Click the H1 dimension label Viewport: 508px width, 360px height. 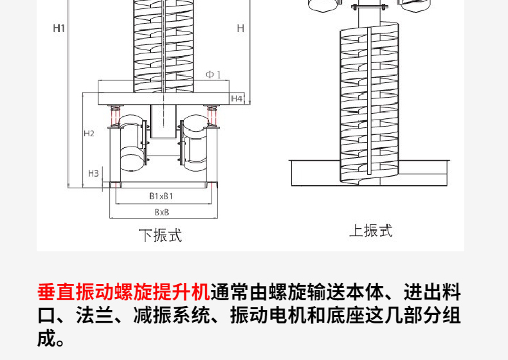click(x=59, y=28)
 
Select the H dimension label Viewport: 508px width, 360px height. click(x=240, y=28)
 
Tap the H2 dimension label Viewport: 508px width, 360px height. click(x=89, y=134)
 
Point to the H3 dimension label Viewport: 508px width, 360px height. click(x=93, y=173)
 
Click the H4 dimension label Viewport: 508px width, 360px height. click(x=237, y=98)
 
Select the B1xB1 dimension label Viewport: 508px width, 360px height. click(x=161, y=195)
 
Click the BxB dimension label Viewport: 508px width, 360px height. click(x=161, y=212)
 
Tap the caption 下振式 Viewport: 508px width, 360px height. click(x=161, y=235)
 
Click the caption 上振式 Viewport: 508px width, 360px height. click(x=370, y=231)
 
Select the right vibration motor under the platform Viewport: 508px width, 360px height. click(x=193, y=141)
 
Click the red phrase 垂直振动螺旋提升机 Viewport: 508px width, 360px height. click(x=123, y=292)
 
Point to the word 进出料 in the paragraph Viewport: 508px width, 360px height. click(x=433, y=292)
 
